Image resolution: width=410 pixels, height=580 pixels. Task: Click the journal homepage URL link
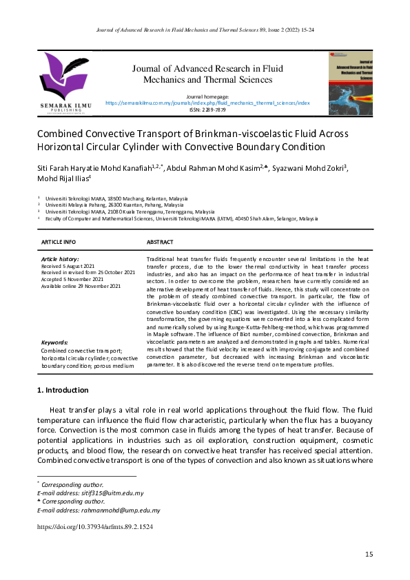click(207, 102)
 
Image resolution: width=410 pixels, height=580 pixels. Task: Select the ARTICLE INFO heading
click(59, 242)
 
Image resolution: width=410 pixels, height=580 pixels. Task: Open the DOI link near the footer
click(94, 526)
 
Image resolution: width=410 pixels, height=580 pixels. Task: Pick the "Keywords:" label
click(55, 342)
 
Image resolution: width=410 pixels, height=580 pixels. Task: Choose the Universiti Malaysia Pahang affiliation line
click(114, 205)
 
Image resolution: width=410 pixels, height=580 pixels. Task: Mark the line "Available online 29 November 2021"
click(81, 286)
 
